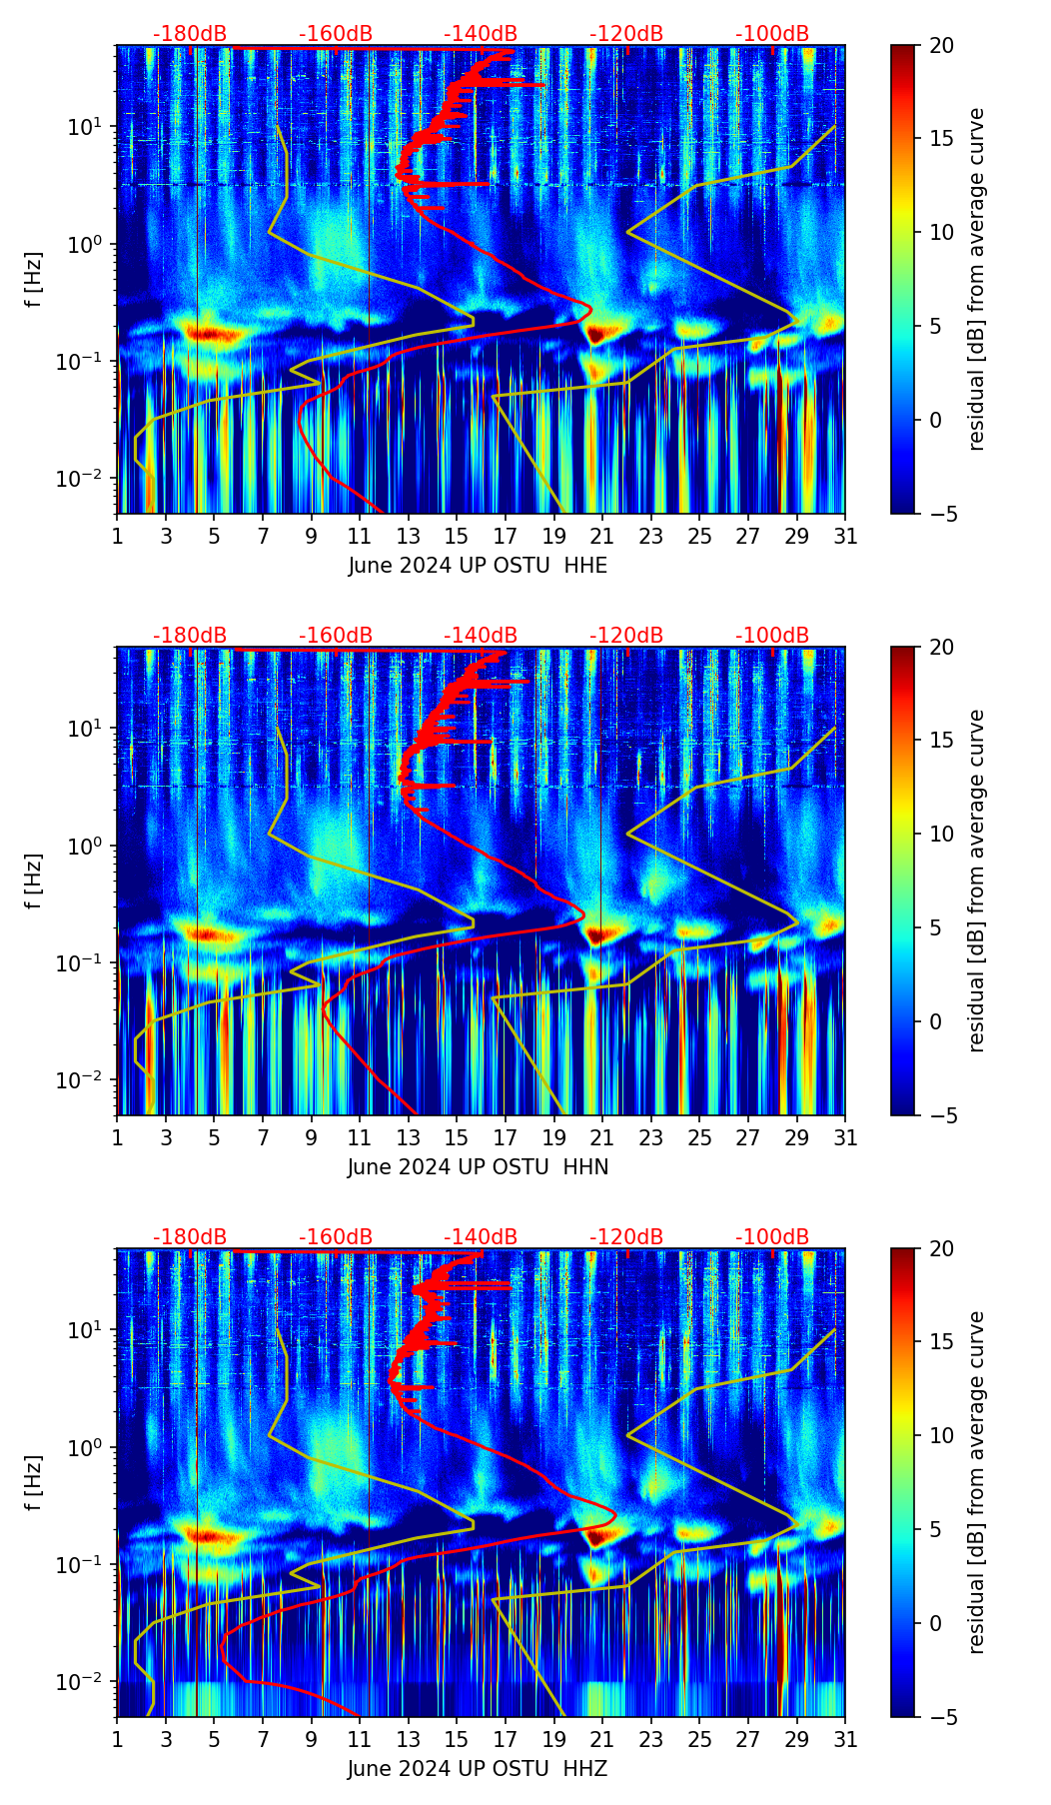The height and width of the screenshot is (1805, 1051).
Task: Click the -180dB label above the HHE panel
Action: click(190, 34)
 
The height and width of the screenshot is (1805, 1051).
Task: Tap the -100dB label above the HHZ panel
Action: click(772, 1237)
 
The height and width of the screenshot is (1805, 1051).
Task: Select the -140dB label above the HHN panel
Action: click(481, 636)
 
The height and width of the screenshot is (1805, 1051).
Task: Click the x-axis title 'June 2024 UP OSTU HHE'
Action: click(478, 566)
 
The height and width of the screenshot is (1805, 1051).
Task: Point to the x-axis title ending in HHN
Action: click(478, 1167)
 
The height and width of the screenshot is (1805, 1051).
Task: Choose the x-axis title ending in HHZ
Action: click(478, 1769)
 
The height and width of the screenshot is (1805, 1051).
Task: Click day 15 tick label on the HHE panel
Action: click(457, 537)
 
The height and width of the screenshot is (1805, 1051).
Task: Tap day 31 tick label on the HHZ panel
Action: click(844, 1740)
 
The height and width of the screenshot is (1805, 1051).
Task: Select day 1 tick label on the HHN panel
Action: click(118, 1138)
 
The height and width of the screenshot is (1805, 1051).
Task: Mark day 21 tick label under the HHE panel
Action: click(601, 537)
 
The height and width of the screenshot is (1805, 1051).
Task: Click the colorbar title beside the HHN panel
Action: click(977, 881)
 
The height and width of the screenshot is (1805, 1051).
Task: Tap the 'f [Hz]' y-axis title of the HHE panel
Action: click(36, 279)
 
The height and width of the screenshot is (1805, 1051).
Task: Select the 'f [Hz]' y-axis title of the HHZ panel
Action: click(36, 1482)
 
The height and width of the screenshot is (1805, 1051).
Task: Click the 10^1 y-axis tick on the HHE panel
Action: click(91, 127)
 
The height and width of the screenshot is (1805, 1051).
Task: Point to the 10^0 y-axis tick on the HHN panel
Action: click(91, 846)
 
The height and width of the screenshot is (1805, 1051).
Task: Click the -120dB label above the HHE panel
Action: click(626, 34)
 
